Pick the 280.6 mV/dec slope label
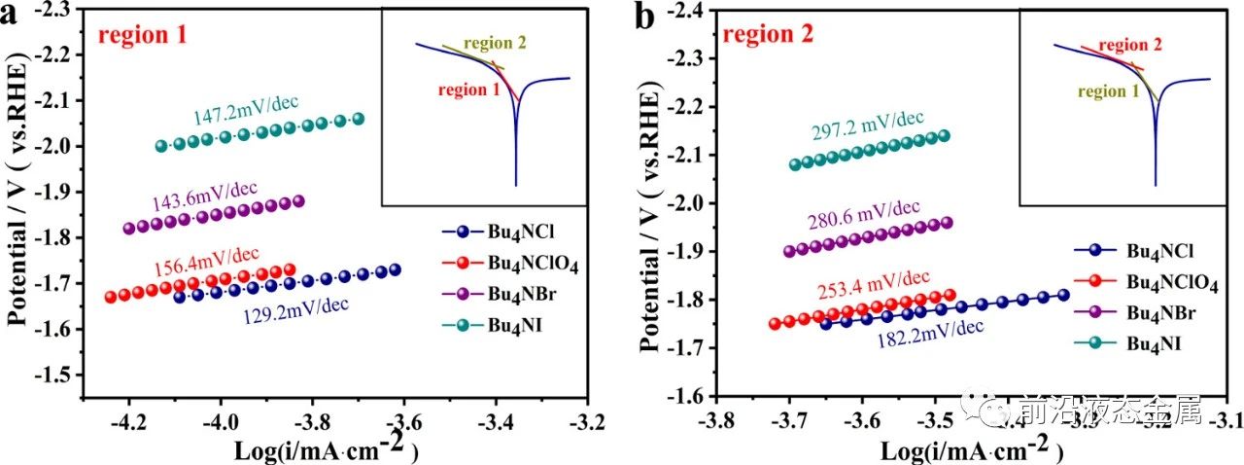tap(862, 207)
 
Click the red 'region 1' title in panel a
tap(142, 37)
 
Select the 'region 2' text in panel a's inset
tap(496, 44)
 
